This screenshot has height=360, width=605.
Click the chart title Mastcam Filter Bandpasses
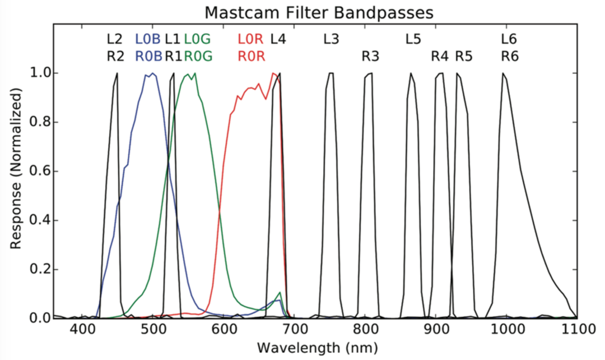pyautogui.click(x=319, y=12)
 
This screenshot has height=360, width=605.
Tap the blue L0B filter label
pyautogui.click(x=148, y=40)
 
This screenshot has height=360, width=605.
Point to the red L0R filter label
pyautogui.click(x=251, y=40)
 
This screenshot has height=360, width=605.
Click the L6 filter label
pyautogui.click(x=509, y=40)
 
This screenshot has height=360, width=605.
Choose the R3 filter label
pyautogui.click(x=370, y=57)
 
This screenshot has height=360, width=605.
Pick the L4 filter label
pyautogui.click(x=278, y=40)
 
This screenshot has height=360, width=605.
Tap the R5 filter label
pyautogui.click(x=464, y=57)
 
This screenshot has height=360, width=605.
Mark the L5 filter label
pyautogui.click(x=413, y=40)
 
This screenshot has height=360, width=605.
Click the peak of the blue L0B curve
pyautogui.click(x=153, y=74)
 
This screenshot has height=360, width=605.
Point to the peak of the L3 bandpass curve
pyautogui.click(x=331, y=73)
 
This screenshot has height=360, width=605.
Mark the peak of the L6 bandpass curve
pyautogui.click(x=503, y=73)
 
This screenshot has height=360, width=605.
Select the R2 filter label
pyautogui.click(x=115, y=57)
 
